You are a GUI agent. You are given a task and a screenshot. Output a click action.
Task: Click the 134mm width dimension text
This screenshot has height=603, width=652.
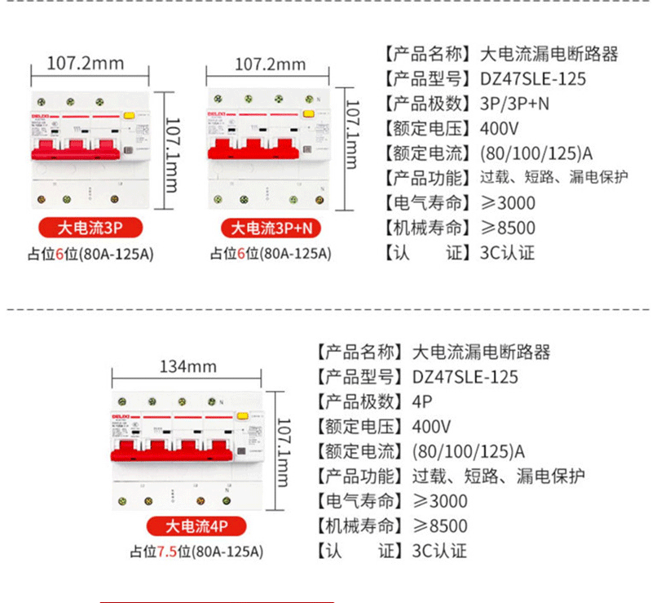click(x=187, y=366)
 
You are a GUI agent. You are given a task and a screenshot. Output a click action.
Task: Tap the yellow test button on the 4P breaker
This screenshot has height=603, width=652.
click(x=242, y=417)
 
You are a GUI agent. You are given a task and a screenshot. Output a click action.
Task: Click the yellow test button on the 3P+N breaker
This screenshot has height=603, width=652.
click(x=309, y=116)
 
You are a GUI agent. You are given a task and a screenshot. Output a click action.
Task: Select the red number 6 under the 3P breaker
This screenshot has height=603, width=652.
click(x=59, y=253)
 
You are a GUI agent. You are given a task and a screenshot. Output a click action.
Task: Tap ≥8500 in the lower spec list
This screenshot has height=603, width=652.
click(x=440, y=526)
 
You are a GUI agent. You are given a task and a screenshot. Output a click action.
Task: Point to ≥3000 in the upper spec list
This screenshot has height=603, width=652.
click(x=508, y=203)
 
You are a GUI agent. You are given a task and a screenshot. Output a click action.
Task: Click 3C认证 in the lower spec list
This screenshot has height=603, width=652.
click(x=440, y=551)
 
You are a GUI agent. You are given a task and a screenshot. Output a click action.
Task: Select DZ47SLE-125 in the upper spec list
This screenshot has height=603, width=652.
click(x=533, y=79)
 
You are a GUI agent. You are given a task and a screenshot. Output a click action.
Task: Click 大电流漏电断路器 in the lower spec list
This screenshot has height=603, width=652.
click(x=482, y=352)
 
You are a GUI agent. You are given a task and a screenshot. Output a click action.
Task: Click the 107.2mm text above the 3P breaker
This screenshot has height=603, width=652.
click(x=86, y=63)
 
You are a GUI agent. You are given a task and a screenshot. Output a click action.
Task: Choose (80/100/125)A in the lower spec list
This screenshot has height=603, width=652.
click(x=468, y=451)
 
